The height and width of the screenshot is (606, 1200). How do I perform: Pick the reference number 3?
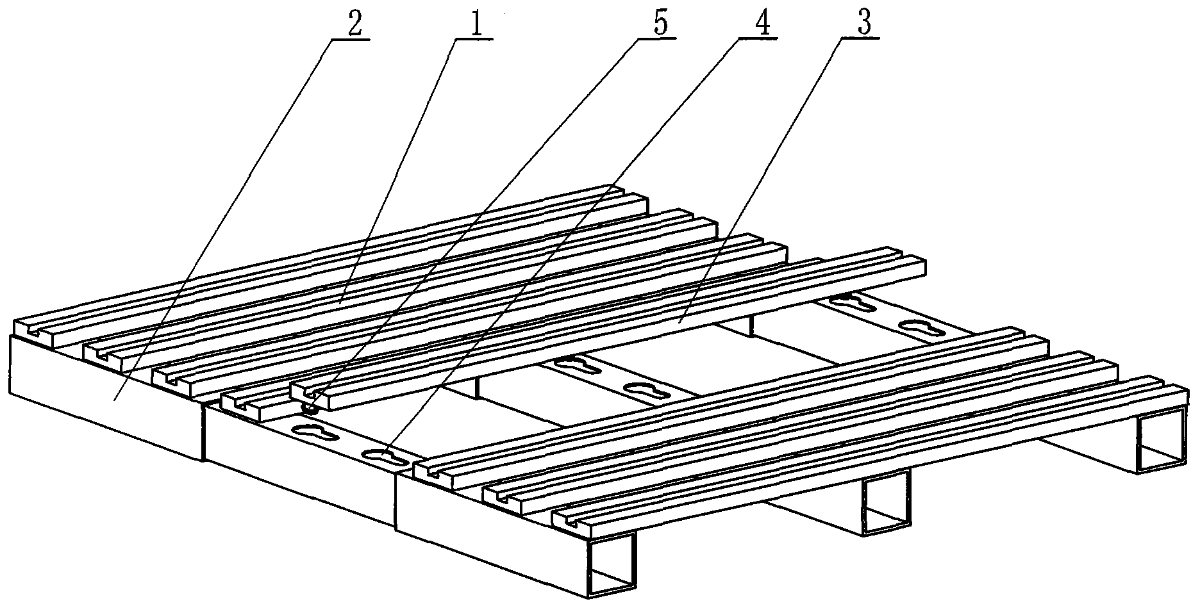[x=863, y=24]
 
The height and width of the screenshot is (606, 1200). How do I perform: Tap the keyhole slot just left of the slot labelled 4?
[x=315, y=430]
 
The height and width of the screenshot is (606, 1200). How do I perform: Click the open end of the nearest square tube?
[x=612, y=564]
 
